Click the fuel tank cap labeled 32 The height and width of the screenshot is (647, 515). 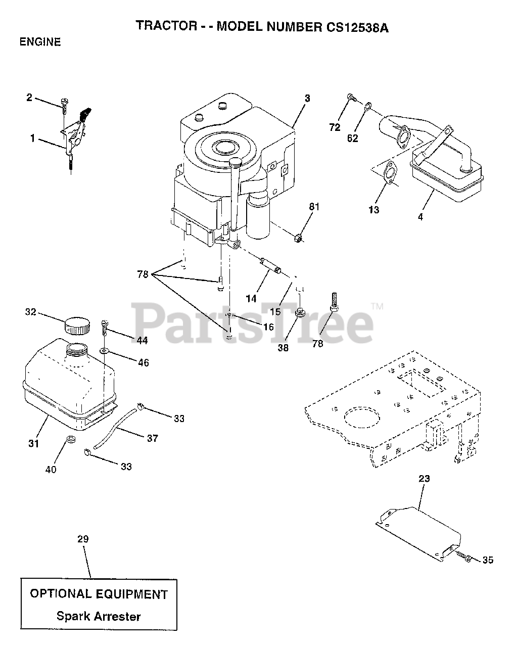tap(77, 325)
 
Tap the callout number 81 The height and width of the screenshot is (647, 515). tap(315, 207)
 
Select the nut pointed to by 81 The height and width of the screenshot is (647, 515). tap(298, 236)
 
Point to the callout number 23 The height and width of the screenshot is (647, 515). tap(424, 478)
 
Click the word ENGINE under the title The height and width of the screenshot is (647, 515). tap(40, 42)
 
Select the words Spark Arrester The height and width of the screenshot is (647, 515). tap(99, 616)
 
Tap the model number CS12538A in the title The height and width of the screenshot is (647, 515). tap(352, 27)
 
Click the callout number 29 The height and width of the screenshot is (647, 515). tap(83, 539)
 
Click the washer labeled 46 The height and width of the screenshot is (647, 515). tap(105, 350)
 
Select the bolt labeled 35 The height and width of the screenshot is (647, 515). tap(465, 558)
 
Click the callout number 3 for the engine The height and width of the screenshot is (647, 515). tap(307, 98)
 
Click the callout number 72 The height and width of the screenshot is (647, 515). tap(335, 127)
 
